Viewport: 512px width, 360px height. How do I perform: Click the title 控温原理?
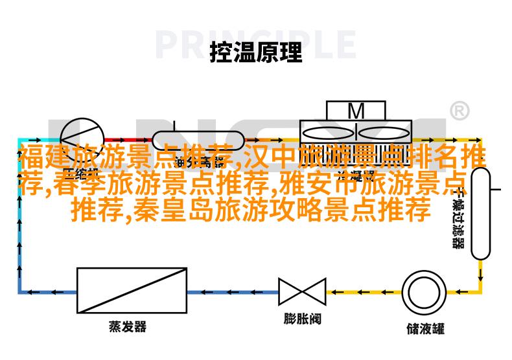pos(255,52)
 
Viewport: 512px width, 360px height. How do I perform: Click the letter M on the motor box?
pos(356,111)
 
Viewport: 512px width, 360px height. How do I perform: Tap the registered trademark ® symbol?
pos(459,111)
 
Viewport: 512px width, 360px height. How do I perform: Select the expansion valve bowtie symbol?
pos(302,292)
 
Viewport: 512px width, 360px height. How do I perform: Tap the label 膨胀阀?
pos(302,319)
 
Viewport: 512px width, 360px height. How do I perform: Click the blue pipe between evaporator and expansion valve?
pos(233,292)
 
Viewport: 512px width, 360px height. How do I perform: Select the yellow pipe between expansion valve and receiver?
pos(363,292)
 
